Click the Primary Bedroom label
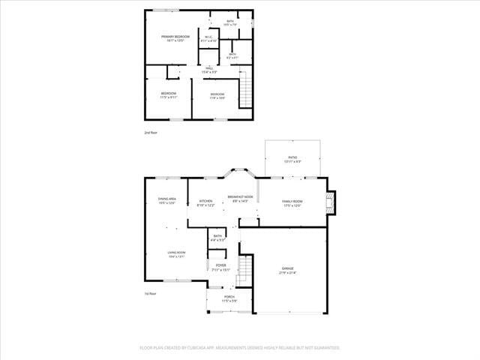pos(175,37)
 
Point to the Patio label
pos(292,159)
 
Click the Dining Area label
pos(166,200)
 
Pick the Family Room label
pos(292,202)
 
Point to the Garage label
pos(287,270)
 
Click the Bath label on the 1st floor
pos(217,238)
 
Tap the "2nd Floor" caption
pos(151,133)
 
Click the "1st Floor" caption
pos(151,294)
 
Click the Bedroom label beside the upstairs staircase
pos(217,95)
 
